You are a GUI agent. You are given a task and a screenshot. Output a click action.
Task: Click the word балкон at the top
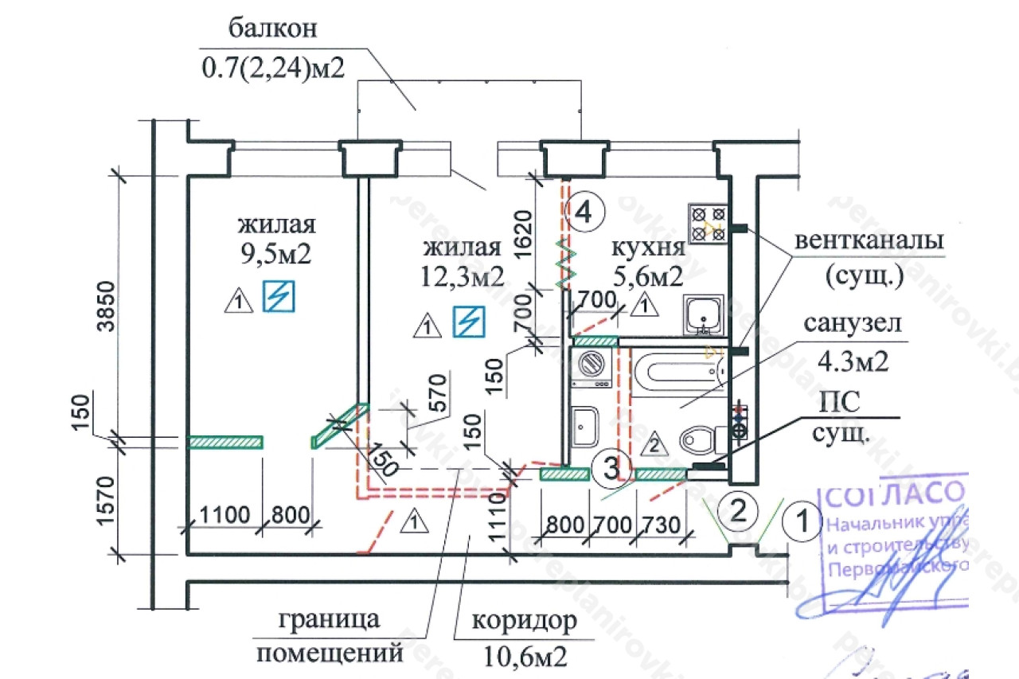click(x=273, y=30)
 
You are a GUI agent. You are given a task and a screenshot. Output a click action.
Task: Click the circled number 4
click(x=584, y=212)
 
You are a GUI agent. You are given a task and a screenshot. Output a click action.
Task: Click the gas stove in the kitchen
click(x=709, y=222)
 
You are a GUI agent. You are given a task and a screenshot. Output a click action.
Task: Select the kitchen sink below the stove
click(x=704, y=316)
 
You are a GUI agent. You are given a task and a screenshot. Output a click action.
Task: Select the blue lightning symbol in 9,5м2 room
click(x=279, y=296)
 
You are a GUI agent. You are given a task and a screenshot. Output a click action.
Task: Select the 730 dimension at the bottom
click(x=660, y=525)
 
